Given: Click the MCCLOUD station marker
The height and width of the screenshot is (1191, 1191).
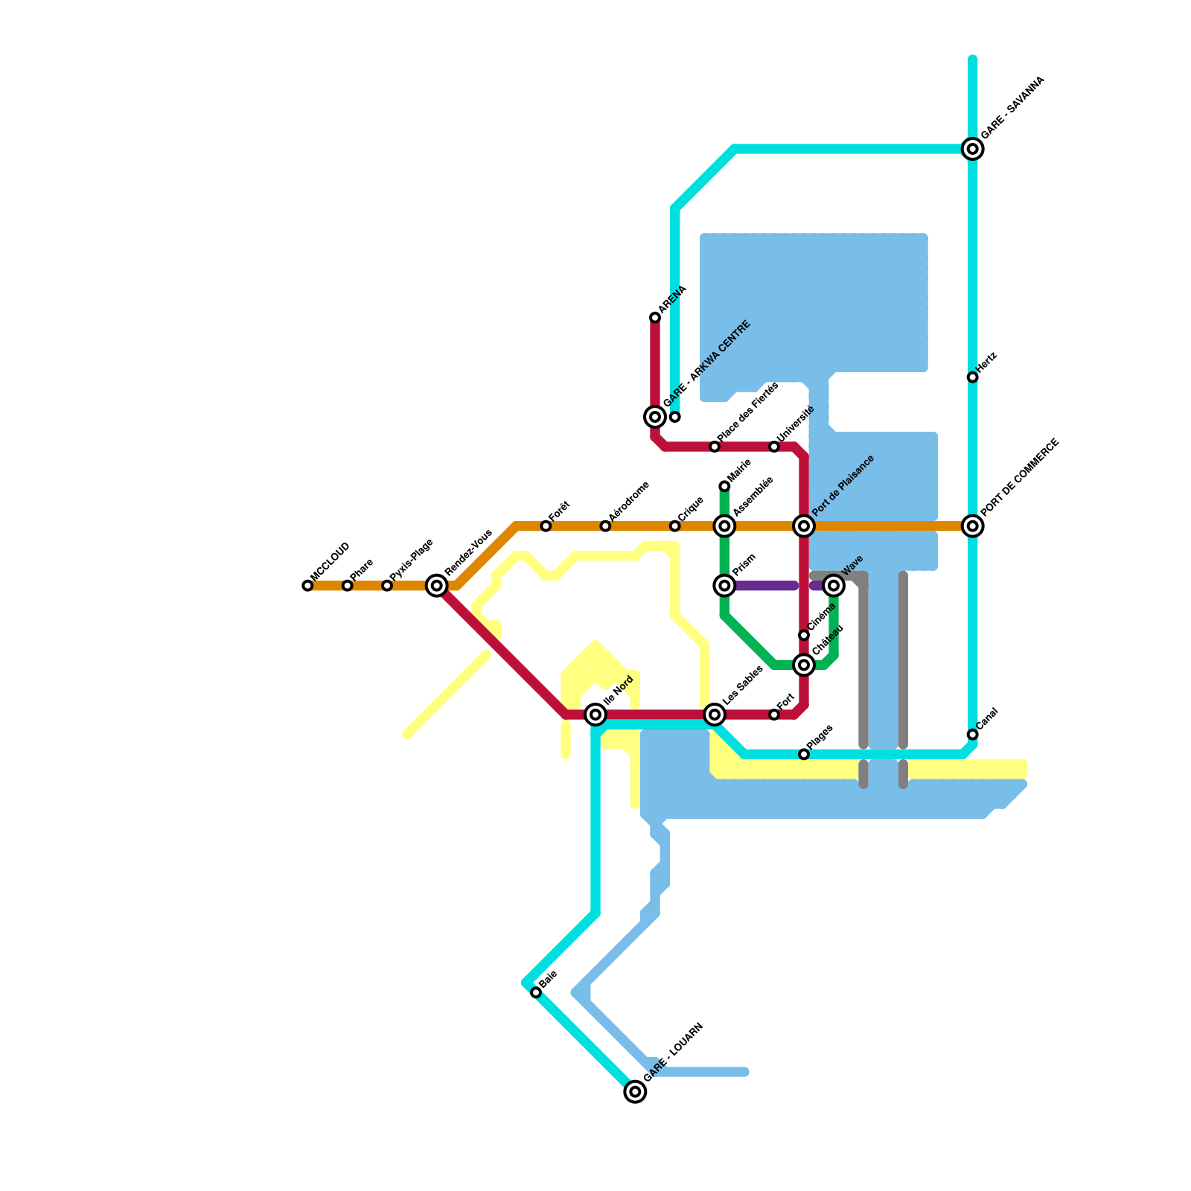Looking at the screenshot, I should (307, 586).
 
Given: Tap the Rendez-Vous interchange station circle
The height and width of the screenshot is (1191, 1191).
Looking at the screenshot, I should (436, 586).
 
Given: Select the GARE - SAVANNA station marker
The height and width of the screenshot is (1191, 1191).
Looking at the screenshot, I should (972, 149).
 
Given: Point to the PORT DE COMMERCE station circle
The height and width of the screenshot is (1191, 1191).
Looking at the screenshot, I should (972, 526).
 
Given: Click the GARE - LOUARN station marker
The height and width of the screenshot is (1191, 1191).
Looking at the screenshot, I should (635, 1092).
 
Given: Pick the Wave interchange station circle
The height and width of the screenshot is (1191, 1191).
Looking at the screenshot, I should (834, 586).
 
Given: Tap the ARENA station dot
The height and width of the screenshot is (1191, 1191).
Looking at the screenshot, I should (655, 318).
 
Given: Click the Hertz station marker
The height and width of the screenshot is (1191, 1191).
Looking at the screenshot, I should (972, 377).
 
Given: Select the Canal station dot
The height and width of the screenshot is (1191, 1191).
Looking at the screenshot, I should (972, 735).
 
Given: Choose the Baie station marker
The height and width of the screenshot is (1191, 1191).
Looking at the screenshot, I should (536, 992).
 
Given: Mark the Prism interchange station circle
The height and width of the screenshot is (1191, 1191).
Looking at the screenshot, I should (724, 586).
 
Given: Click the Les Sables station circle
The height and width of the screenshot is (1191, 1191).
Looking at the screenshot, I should (715, 715).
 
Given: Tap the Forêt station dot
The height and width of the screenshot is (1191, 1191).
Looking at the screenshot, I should (546, 526).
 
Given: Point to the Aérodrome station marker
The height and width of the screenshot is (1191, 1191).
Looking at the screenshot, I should (605, 526).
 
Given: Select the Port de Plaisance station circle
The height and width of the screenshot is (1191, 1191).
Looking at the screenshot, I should (804, 526).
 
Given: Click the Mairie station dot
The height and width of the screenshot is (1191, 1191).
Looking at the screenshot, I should (724, 486).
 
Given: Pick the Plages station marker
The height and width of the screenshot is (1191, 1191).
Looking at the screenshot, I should (804, 754).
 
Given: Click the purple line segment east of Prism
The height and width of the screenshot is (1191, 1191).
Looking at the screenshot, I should (767, 586).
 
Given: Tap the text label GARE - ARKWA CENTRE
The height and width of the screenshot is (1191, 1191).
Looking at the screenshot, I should (707, 365).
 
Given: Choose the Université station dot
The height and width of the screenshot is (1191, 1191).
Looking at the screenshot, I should (774, 447).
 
